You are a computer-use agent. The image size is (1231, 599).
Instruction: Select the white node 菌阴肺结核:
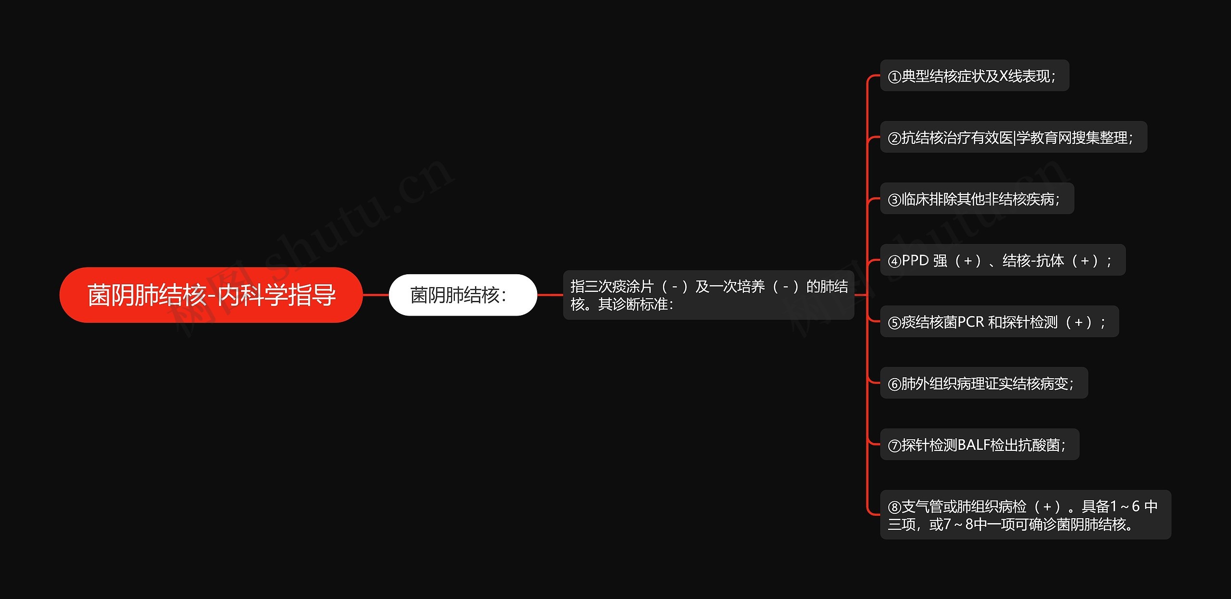(463, 295)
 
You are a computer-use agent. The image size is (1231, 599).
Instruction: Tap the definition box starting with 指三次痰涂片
(708, 295)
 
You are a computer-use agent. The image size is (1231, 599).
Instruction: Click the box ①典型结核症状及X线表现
(974, 76)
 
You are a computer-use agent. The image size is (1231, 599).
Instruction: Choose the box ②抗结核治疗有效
(1013, 137)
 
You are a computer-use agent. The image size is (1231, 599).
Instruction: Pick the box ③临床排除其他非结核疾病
(977, 199)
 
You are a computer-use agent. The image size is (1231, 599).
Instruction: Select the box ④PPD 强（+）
(1003, 260)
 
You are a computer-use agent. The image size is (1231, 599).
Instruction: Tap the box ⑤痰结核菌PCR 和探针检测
(999, 321)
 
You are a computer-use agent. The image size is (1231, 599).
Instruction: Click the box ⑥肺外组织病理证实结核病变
(984, 383)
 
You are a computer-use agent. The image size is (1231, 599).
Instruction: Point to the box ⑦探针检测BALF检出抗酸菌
(980, 445)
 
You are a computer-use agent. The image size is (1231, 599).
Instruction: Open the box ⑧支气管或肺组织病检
(1025, 514)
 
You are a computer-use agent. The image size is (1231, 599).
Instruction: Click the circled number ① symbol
(894, 77)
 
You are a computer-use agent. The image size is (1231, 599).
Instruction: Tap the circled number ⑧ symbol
(894, 507)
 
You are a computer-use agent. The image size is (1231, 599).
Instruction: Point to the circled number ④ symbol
(894, 261)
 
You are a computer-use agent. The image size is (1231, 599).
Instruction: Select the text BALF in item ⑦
(973, 445)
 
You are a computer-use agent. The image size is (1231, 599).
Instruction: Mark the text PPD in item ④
(915, 260)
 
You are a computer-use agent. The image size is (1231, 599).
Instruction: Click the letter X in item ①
(1004, 76)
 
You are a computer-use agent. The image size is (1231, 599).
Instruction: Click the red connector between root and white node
(376, 295)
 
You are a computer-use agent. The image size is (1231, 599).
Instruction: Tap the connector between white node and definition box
(550, 295)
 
